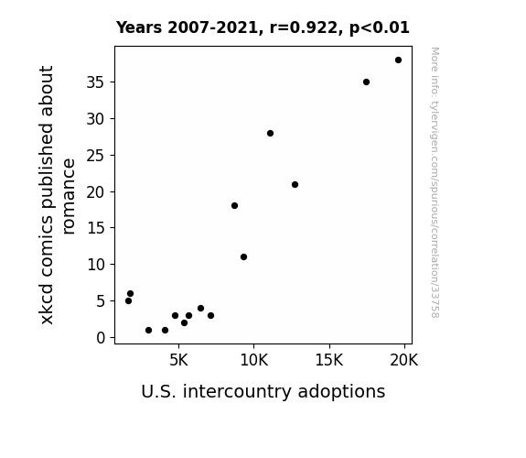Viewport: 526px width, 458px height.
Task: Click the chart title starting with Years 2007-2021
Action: point(263,27)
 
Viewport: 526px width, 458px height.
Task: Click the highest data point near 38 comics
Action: point(398,60)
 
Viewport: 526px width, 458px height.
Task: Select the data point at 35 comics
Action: point(366,82)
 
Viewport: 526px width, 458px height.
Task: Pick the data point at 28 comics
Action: point(270,134)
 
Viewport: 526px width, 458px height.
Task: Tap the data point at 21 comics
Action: point(295,184)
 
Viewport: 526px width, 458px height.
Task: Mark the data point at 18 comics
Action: point(234,206)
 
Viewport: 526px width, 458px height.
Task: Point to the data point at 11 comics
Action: point(244,257)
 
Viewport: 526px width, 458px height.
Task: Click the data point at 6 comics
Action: point(131,294)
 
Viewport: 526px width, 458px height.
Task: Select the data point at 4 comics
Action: point(200,308)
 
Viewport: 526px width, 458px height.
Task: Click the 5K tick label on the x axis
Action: point(178,361)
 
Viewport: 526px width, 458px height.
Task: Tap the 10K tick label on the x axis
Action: point(254,361)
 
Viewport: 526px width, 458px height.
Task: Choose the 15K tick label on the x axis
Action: point(329,361)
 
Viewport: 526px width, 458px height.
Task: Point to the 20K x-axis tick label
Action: point(404,361)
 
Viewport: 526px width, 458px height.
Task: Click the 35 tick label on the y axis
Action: point(96,82)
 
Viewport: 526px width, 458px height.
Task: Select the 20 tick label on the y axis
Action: point(96,191)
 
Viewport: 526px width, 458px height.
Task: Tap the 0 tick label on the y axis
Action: point(101,338)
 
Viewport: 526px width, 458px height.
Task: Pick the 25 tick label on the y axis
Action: point(96,156)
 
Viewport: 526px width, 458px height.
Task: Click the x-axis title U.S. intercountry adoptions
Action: point(263,392)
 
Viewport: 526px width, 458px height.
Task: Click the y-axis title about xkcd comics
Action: point(57,195)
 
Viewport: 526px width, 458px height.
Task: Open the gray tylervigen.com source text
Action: point(435,182)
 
